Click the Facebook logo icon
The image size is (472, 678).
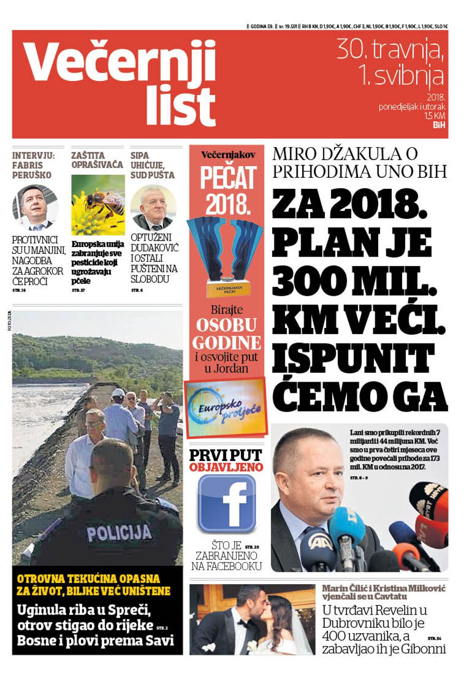(226, 504)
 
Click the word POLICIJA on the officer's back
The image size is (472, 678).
(119, 532)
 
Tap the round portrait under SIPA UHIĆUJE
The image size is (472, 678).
(153, 207)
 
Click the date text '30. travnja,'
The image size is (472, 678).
(390, 49)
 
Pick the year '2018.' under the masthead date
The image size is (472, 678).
(436, 97)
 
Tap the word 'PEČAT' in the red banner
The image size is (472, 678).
(228, 177)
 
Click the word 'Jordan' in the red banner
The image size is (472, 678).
(232, 368)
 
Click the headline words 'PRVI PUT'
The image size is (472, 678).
(225, 455)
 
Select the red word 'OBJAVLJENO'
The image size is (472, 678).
(226, 467)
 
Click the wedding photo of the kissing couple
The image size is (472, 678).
(252, 619)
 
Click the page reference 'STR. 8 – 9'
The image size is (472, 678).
(359, 478)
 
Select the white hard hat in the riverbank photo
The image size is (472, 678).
(119, 393)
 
